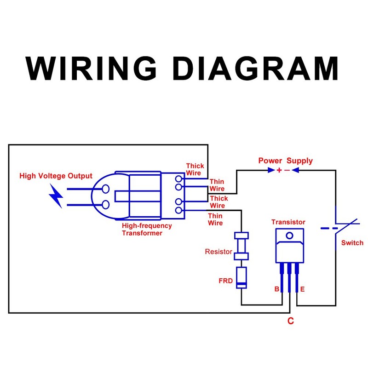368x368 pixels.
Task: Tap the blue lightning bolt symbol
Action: coord(57,196)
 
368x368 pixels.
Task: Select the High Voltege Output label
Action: coord(56,176)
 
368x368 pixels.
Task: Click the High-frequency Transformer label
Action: coord(147,230)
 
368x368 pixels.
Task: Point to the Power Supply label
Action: coord(285,161)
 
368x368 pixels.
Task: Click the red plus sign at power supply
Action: coord(279,170)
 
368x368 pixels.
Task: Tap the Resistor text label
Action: coord(218,252)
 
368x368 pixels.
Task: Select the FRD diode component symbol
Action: coord(241,277)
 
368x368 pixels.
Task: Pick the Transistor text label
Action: coord(288,222)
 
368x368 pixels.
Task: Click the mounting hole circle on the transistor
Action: coord(289,236)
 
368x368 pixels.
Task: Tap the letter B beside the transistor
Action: coord(276,289)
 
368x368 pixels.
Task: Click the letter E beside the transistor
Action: coord(302,289)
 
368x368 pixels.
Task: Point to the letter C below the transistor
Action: coord(290,321)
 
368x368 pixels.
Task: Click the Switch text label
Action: coord(352,243)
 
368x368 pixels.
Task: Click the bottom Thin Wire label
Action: coord(215,219)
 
